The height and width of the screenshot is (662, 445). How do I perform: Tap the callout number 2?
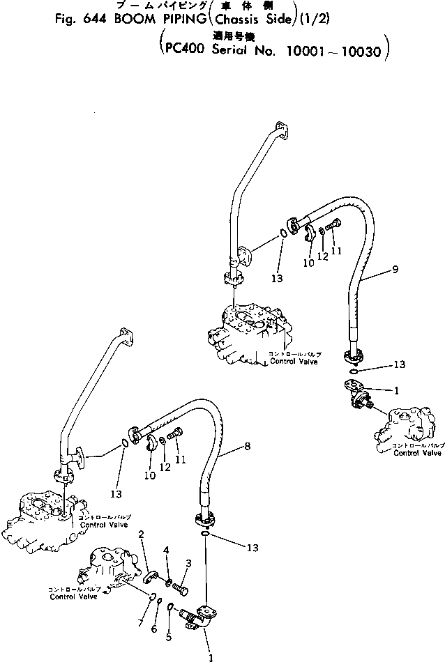click(142, 534)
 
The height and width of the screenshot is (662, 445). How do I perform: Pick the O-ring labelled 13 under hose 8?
click(203, 534)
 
